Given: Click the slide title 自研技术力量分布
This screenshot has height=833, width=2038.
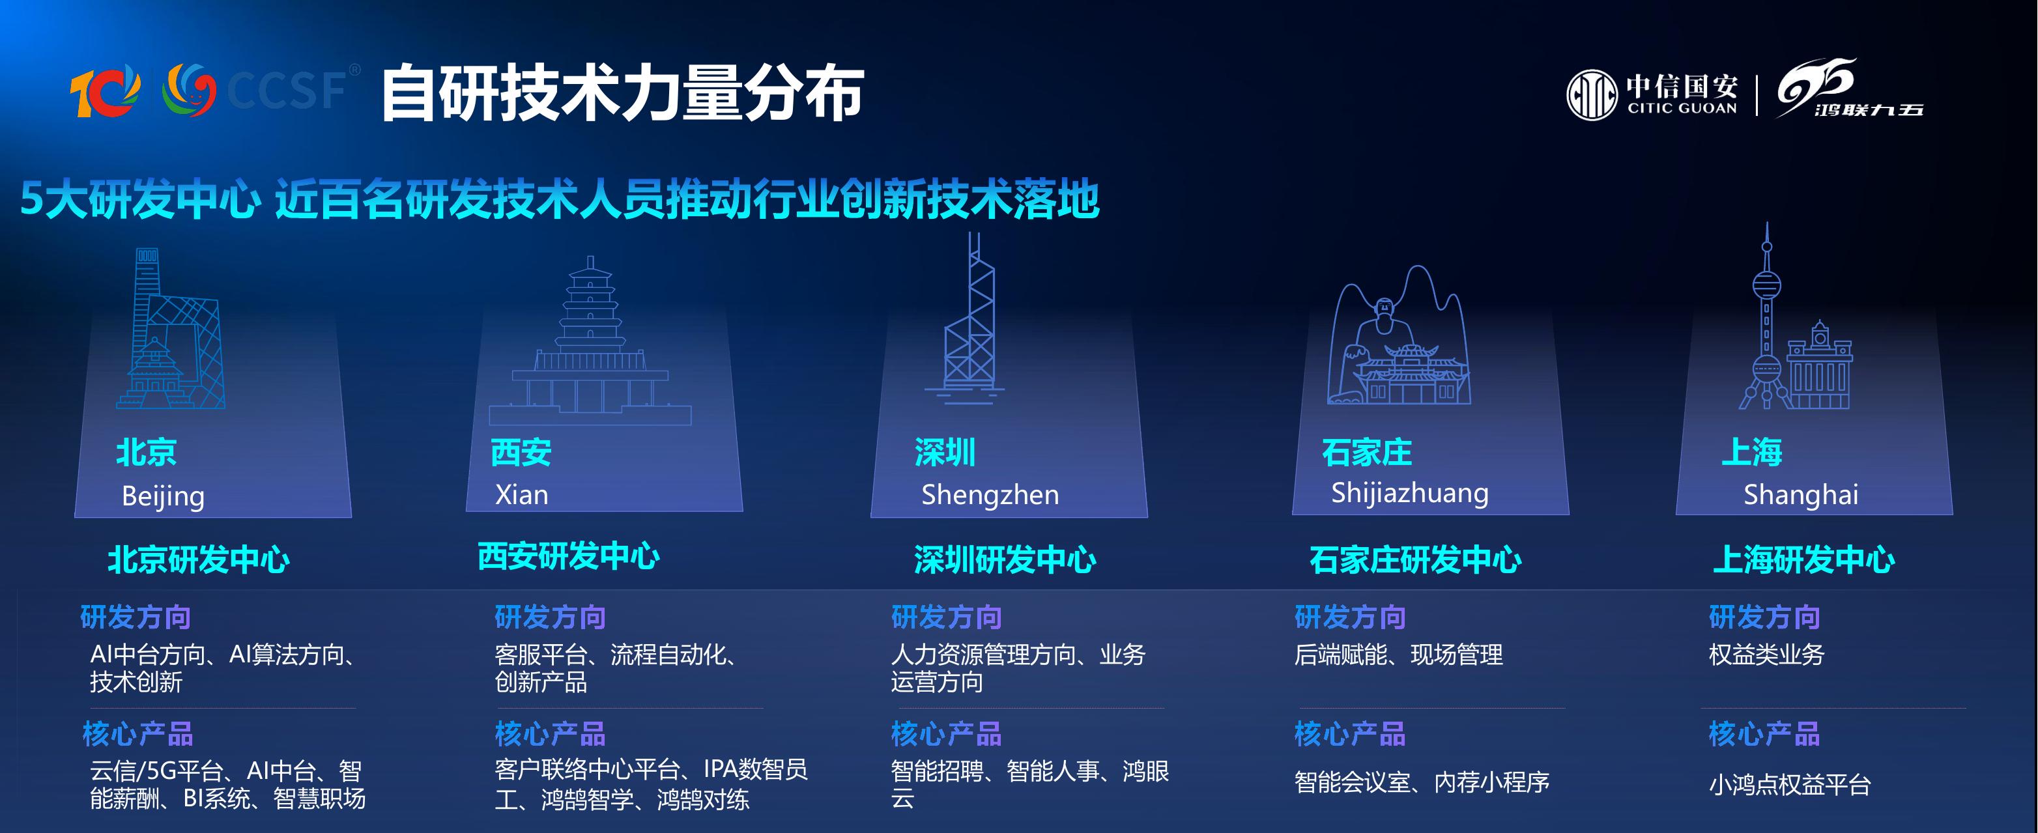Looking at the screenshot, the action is tap(622, 93).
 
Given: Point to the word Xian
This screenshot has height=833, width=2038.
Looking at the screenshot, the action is tap(521, 494).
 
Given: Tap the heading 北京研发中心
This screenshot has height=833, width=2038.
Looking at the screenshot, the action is tap(199, 559).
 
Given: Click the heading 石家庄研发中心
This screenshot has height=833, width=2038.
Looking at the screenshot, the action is tap(1415, 559).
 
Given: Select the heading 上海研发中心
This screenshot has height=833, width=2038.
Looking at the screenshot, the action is tap(1804, 559).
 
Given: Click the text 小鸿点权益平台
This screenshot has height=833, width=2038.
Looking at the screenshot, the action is tap(1790, 785).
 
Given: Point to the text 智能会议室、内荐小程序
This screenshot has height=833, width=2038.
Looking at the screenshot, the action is tap(1422, 782).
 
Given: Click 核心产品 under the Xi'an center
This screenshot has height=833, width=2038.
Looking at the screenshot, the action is tap(550, 734).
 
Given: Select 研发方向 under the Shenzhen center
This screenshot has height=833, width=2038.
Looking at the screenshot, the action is tap(946, 617).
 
